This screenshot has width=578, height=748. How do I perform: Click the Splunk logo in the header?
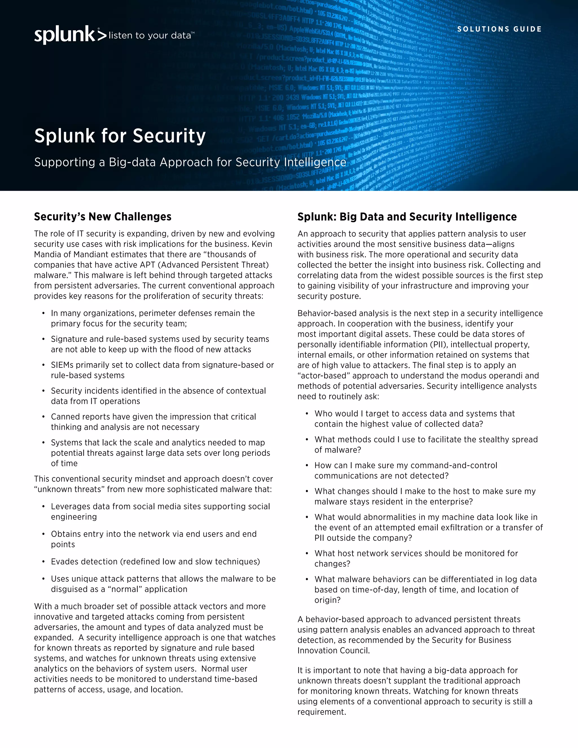(x=70, y=35)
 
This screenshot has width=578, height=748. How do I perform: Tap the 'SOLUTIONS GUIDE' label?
(x=499, y=29)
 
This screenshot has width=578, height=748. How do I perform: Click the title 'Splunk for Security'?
(x=120, y=135)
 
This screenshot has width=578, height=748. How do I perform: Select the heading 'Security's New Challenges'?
(x=103, y=217)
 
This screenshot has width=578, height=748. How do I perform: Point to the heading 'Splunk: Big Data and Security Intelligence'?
(x=407, y=217)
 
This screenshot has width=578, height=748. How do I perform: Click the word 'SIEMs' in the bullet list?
(x=62, y=365)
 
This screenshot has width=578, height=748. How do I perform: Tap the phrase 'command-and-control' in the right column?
(x=454, y=465)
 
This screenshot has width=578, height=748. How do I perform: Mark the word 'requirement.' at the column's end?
(x=322, y=712)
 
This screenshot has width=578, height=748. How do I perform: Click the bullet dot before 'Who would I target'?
(x=307, y=414)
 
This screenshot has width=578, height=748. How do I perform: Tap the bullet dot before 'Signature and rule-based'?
(x=43, y=339)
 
